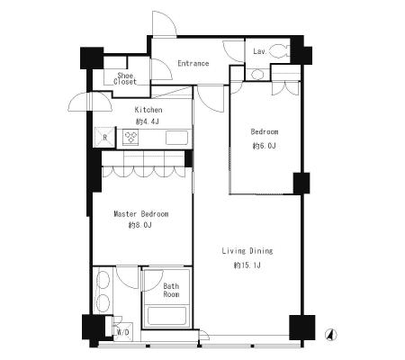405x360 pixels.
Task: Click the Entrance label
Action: click(x=193, y=63)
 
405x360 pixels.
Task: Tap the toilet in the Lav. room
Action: click(x=280, y=51)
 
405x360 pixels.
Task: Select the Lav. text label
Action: click(x=259, y=51)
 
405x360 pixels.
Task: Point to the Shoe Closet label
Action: click(x=125, y=78)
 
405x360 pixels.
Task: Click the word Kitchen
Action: click(x=148, y=110)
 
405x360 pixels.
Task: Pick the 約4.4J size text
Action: click(x=148, y=121)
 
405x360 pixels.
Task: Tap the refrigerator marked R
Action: click(x=104, y=138)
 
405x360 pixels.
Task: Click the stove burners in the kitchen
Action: click(x=130, y=137)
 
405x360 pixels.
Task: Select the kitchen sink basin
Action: click(x=176, y=138)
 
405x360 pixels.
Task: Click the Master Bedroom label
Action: click(x=141, y=214)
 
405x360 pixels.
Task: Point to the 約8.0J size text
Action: click(x=140, y=225)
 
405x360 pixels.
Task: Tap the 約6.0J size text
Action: click(x=264, y=146)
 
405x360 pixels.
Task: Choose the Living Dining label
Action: click(x=247, y=251)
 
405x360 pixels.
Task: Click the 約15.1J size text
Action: click(x=247, y=265)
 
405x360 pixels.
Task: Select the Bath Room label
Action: click(x=171, y=290)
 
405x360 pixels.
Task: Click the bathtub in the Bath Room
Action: click(x=166, y=316)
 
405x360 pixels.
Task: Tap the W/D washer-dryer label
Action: click(x=123, y=332)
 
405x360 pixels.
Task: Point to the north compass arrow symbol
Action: click(x=331, y=335)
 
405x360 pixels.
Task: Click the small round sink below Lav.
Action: click(x=256, y=74)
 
